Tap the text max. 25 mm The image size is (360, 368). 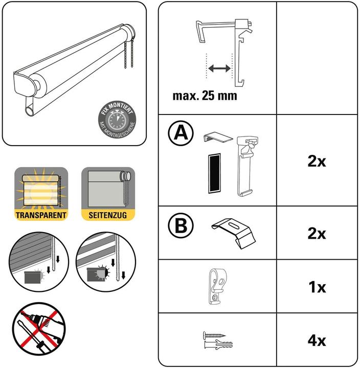coord(205,96)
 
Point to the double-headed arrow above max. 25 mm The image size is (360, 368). coord(219,67)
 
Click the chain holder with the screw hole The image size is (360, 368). coord(217,287)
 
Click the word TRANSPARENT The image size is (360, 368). coord(41,215)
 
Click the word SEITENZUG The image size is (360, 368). coord(108,215)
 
